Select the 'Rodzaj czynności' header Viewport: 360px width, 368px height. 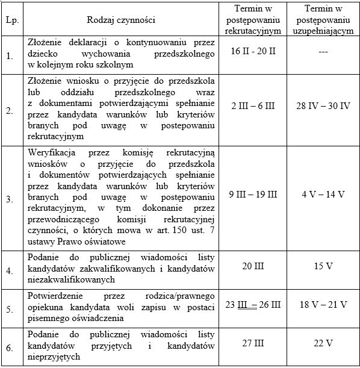[121, 20]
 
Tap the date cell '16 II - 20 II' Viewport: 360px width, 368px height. [253, 52]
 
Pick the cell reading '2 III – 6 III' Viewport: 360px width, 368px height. [253, 106]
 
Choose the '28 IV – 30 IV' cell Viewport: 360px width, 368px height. [323, 106]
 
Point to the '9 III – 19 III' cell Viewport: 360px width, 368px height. [253, 195]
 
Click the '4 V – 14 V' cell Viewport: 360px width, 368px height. [323, 195]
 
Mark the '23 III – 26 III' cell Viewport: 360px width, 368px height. [253, 305]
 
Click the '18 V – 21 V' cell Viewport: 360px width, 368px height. [323, 305]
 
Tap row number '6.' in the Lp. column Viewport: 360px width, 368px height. [9, 348]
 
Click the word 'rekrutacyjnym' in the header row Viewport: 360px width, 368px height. [253, 30]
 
